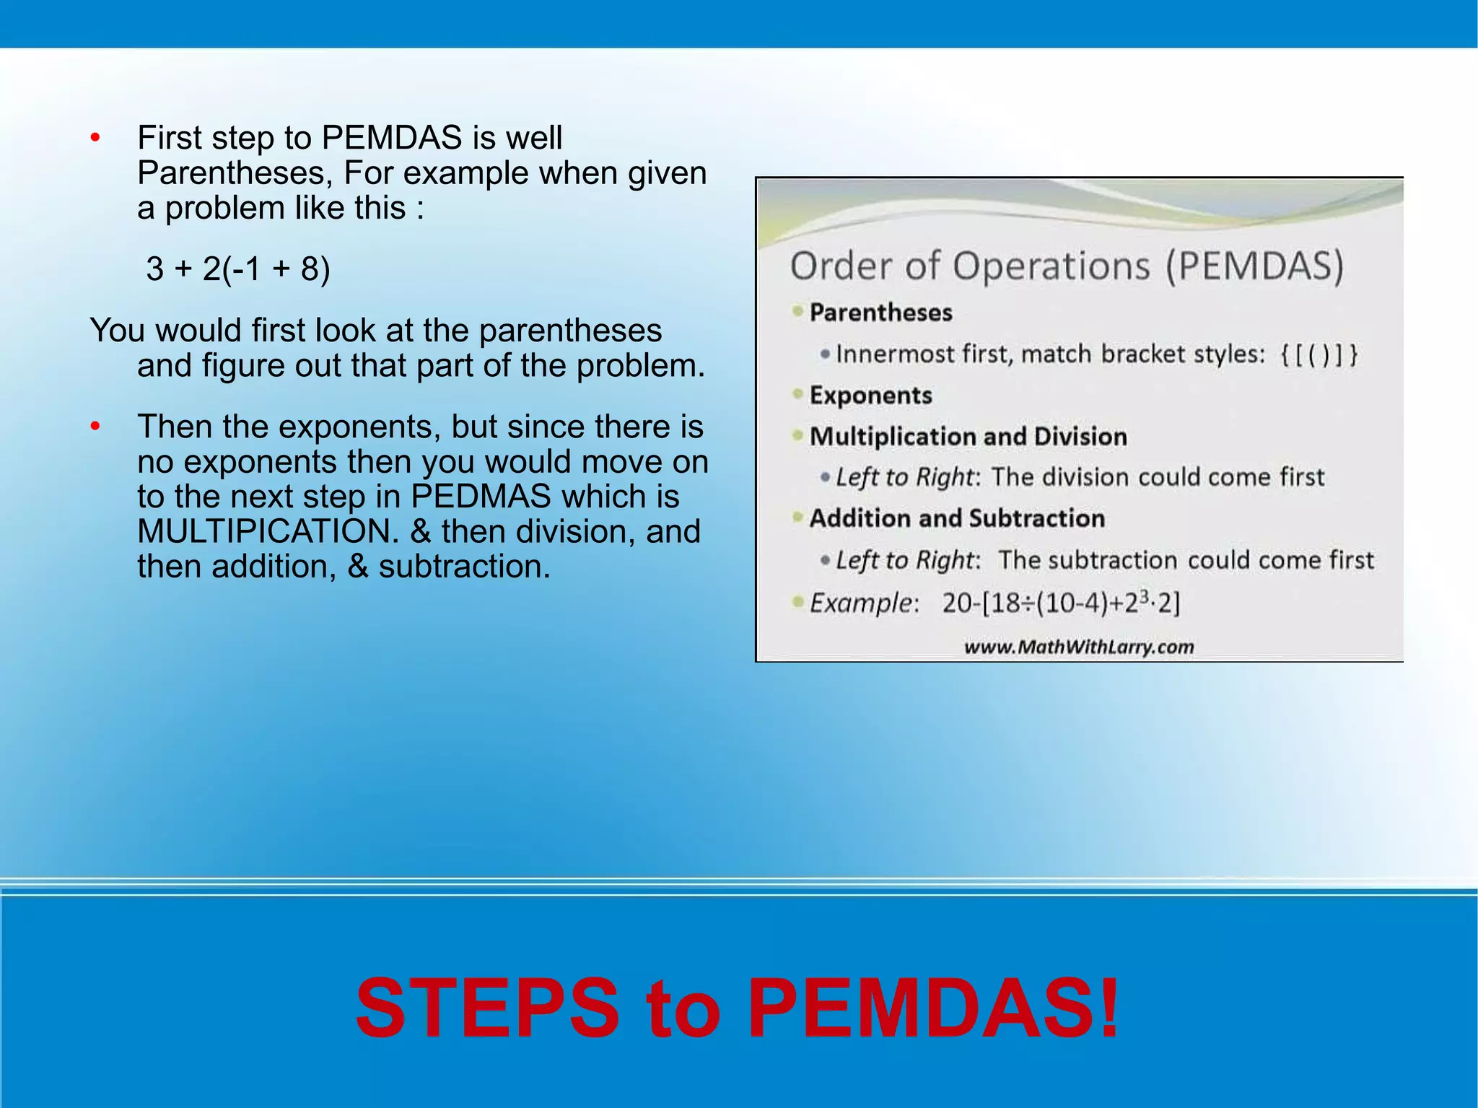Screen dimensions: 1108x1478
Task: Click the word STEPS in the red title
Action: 487,1008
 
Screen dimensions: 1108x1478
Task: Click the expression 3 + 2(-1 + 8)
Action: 237,269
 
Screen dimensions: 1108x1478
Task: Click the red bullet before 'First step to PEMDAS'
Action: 95,138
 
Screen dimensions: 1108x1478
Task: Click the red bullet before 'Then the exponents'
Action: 95,427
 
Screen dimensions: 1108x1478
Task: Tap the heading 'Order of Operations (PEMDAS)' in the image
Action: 1067,266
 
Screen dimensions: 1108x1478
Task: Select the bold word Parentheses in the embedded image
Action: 880,313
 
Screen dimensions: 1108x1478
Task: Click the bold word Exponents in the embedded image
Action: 870,396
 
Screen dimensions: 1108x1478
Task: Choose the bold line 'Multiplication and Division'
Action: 968,437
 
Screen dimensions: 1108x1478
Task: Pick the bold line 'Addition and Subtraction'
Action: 957,518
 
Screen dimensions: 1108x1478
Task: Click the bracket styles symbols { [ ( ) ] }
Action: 1319,354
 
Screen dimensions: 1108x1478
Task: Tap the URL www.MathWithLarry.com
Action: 1079,647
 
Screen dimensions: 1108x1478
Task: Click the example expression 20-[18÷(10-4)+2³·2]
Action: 1060,603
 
